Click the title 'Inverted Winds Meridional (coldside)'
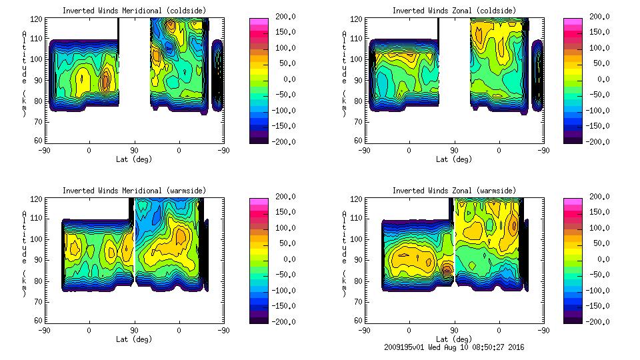pyautogui.click(x=134, y=11)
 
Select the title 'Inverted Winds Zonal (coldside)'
pyautogui.click(x=453, y=11)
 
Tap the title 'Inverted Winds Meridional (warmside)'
pyautogui.click(x=134, y=191)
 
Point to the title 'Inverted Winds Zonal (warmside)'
pyautogui.click(x=453, y=191)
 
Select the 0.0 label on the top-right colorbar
pyautogui.click(x=603, y=79)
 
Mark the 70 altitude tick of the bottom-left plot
pyautogui.click(x=39, y=301)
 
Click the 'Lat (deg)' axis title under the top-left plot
pyautogui.click(x=134, y=159)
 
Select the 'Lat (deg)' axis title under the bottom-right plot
pyautogui.click(x=453, y=339)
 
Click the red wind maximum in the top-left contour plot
pyautogui.click(x=105, y=82)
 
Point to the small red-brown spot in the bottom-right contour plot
pyautogui.click(x=447, y=269)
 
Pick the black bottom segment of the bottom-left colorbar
pyautogui.click(x=259, y=320)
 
